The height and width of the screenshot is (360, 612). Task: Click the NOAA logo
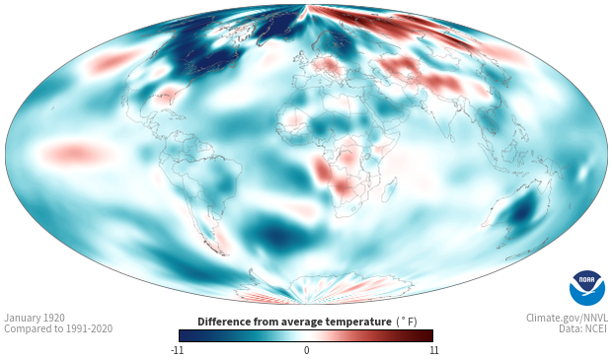pyautogui.click(x=587, y=288)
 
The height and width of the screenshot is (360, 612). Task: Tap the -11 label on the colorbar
pyautogui.click(x=178, y=350)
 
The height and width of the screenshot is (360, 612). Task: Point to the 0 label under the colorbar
pyautogui.click(x=306, y=350)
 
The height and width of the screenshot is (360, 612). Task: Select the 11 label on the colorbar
pyautogui.click(x=434, y=350)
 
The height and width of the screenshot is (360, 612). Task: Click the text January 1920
pyautogui.click(x=35, y=318)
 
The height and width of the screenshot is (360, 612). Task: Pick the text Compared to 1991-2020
pyautogui.click(x=58, y=328)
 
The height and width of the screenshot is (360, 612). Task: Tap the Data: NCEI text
pyautogui.click(x=583, y=328)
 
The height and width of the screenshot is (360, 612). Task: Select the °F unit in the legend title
pyautogui.click(x=407, y=322)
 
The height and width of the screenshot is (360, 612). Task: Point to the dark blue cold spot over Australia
pyautogui.click(x=520, y=214)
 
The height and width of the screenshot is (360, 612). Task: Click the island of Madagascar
pyautogui.click(x=389, y=188)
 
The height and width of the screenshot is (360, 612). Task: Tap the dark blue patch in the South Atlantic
pyautogui.click(x=278, y=235)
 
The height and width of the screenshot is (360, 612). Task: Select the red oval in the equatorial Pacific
pyautogui.click(x=76, y=152)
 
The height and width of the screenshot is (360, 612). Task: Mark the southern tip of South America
pyautogui.click(x=225, y=254)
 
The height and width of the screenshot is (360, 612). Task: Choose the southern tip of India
pyautogui.click(x=451, y=140)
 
